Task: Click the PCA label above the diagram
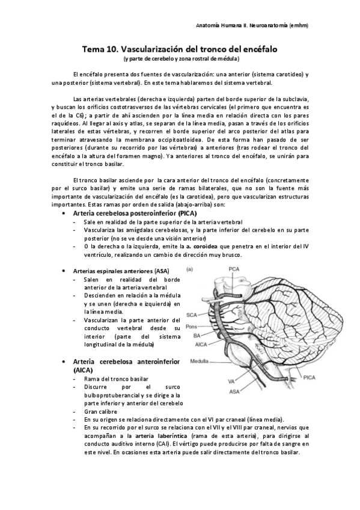click(234, 269)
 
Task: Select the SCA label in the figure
click(192, 315)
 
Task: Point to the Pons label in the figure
click(192, 326)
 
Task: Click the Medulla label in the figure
click(200, 362)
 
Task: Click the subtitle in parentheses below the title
click(181, 58)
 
